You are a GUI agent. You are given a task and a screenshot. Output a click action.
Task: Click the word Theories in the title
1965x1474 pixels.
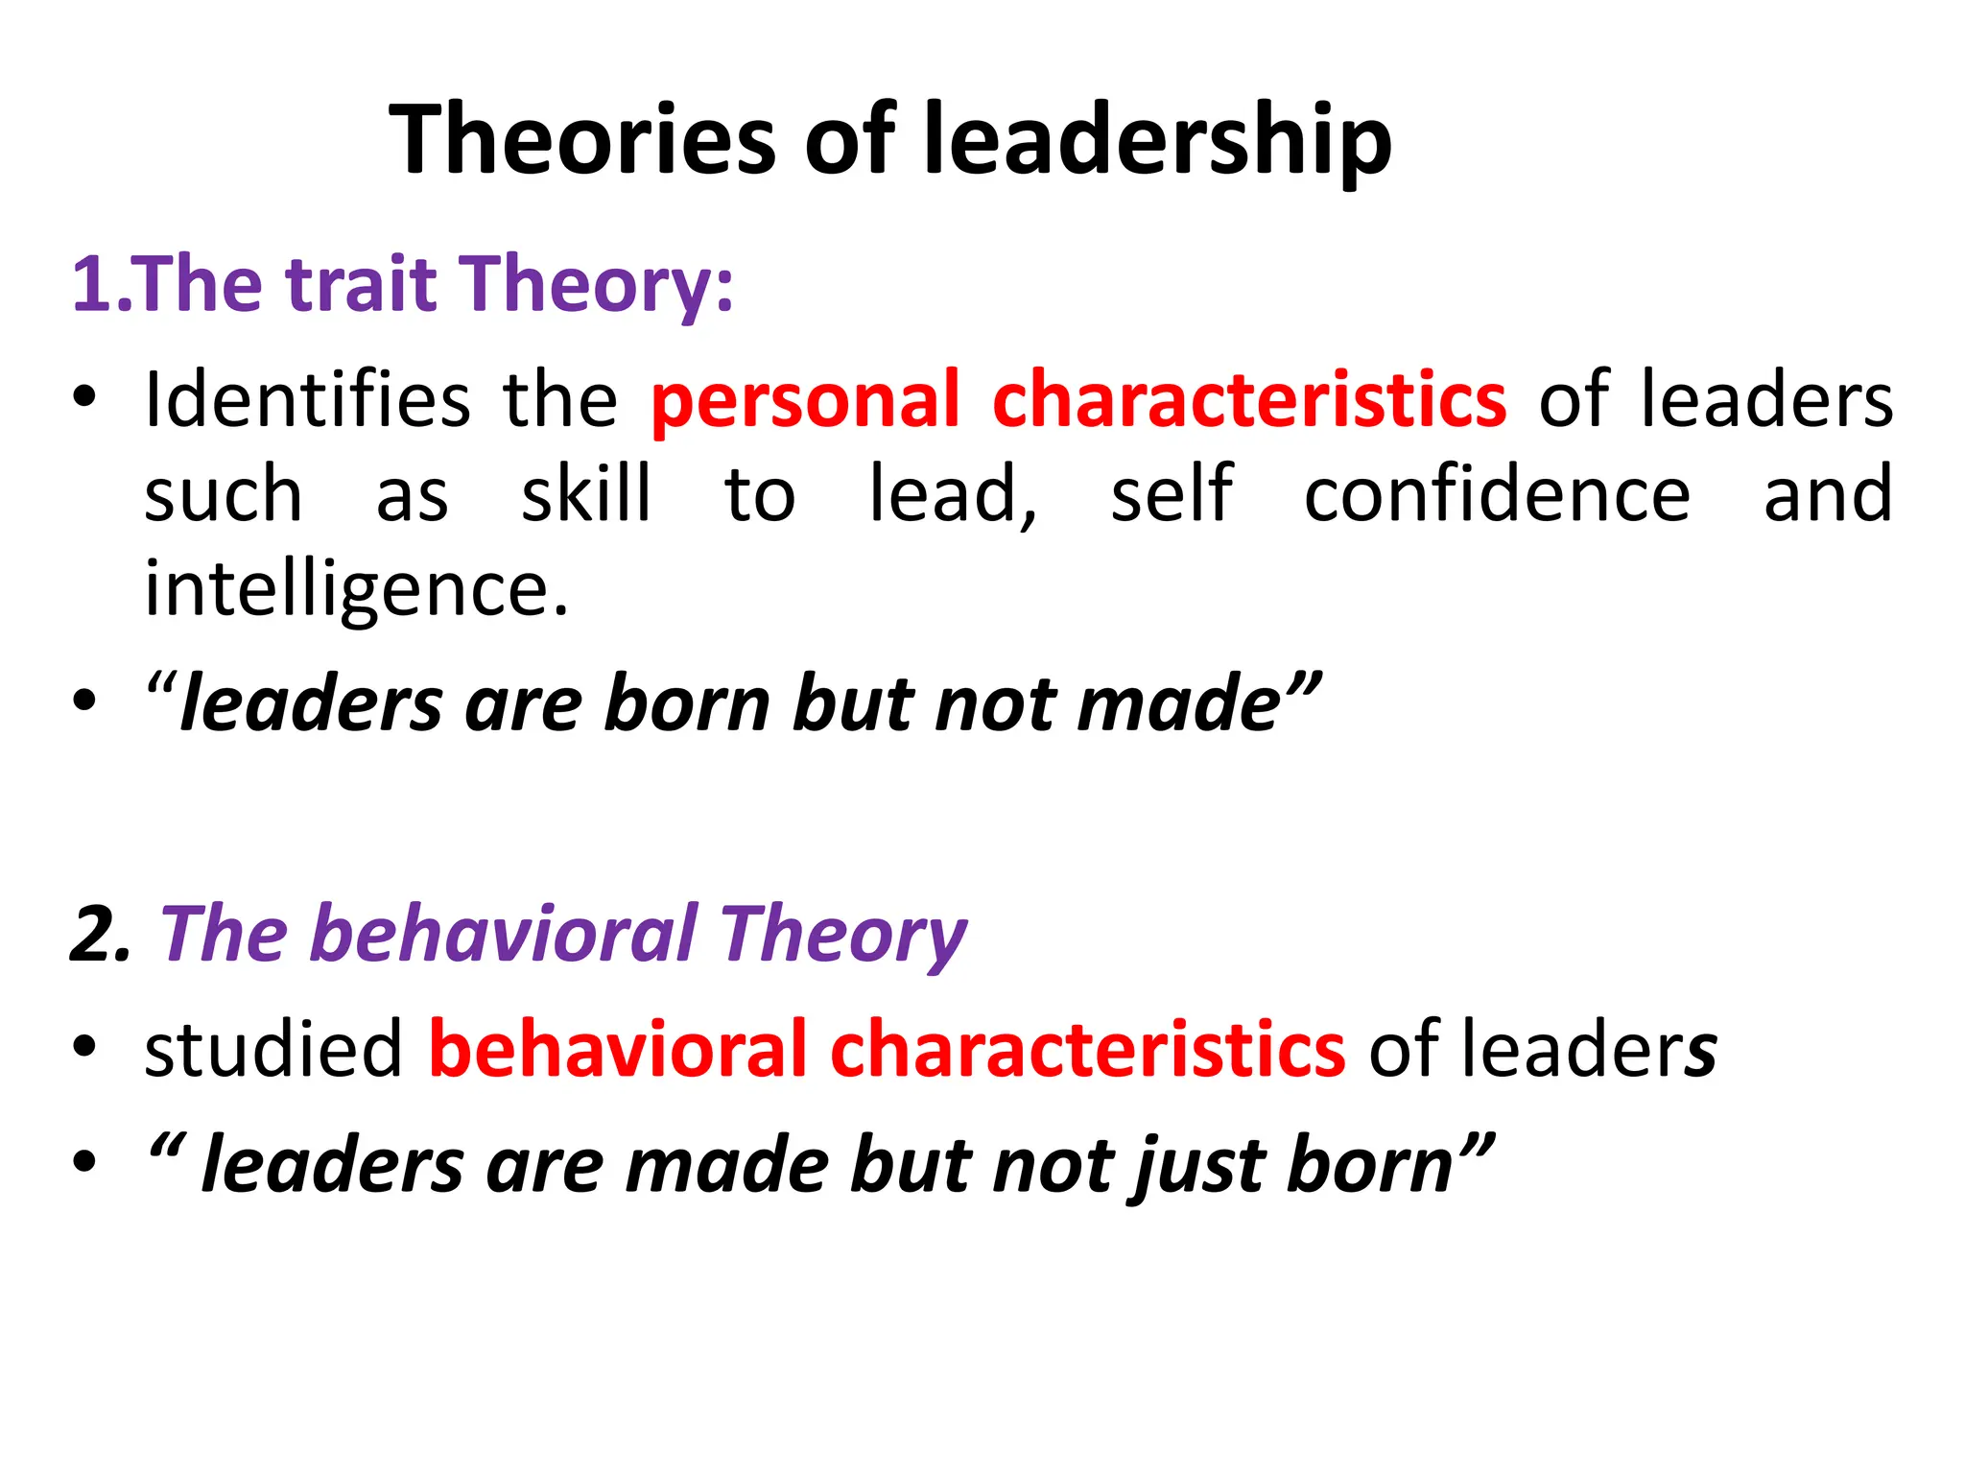(x=582, y=140)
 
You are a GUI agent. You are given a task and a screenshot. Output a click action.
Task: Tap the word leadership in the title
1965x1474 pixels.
(x=1157, y=140)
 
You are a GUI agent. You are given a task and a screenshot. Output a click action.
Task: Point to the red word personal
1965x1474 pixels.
(x=805, y=399)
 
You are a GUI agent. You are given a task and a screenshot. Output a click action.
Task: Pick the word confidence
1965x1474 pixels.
(x=1497, y=493)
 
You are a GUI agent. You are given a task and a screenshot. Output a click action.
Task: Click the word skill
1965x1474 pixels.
(x=586, y=493)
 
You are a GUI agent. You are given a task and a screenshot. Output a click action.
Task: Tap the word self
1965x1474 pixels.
(x=1172, y=493)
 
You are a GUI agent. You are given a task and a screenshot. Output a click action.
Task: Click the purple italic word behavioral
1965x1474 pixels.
(x=505, y=934)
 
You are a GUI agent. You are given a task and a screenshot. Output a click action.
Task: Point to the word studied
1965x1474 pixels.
(x=273, y=1048)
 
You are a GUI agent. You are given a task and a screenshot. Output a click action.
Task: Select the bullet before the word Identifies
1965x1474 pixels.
(x=84, y=395)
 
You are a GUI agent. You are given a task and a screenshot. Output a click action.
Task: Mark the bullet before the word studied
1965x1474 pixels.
(x=84, y=1046)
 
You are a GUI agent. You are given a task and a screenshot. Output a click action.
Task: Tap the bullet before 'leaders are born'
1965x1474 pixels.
(x=84, y=701)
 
